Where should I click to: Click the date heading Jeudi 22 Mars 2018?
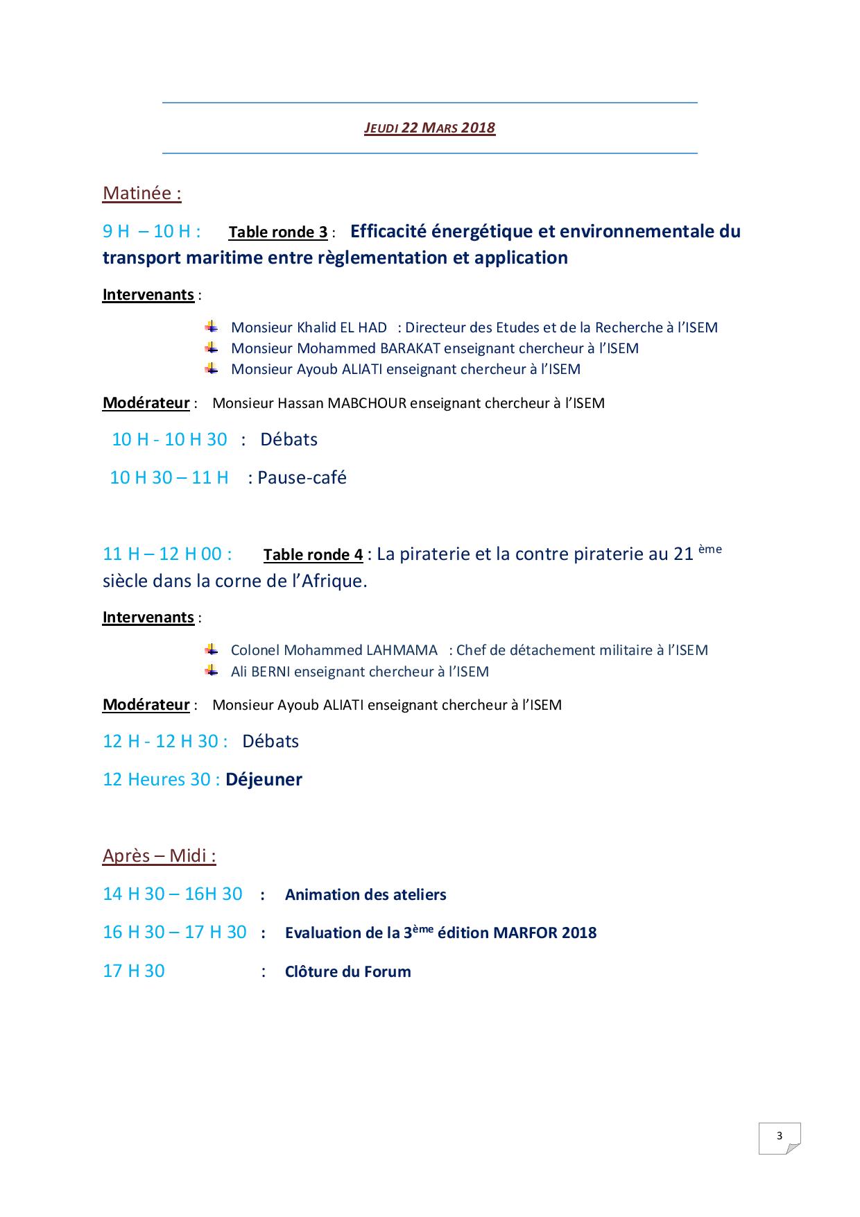click(429, 128)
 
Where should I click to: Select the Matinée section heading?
click(141, 193)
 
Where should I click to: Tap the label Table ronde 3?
click(277, 232)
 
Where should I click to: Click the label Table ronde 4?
click(313, 555)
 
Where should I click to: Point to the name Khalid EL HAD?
click(342, 327)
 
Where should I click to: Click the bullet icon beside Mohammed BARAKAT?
click(212, 348)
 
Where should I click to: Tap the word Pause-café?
click(302, 477)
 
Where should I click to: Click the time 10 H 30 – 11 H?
click(169, 477)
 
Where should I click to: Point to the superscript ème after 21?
click(709, 549)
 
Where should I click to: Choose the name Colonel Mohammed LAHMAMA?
click(334, 650)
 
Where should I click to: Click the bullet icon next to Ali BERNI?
click(212, 671)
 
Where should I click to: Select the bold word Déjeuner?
click(264, 779)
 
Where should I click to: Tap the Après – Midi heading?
click(159, 856)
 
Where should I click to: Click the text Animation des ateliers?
click(365, 894)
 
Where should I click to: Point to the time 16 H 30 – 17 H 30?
click(174, 932)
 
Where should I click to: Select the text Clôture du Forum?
click(347, 971)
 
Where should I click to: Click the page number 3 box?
click(780, 1137)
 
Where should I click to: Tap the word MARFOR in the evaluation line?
click(525, 933)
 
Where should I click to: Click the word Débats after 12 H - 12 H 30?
click(270, 741)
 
